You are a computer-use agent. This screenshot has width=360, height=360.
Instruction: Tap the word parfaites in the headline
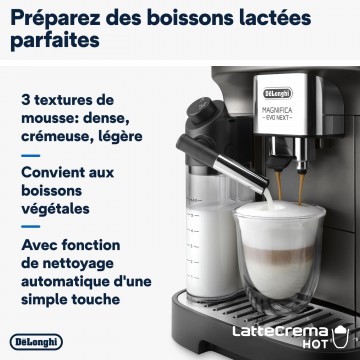click(55, 40)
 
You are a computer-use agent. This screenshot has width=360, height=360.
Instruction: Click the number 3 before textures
click(25, 100)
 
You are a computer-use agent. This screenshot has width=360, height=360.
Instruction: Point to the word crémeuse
click(56, 136)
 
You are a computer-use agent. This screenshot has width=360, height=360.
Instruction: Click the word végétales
click(55, 209)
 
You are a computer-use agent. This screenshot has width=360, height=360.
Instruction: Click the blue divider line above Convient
click(31, 155)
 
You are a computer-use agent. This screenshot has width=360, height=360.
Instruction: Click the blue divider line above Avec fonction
click(31, 226)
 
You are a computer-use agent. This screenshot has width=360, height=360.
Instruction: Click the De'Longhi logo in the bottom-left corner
click(36, 342)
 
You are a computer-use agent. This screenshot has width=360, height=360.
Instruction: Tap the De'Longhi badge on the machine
click(278, 93)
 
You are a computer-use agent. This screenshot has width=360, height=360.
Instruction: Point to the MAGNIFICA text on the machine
click(277, 110)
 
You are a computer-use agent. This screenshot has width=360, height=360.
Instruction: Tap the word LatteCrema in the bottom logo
click(280, 331)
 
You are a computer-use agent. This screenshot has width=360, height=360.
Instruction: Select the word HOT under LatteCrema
click(315, 344)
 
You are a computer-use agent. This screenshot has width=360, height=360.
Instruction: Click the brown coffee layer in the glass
click(278, 253)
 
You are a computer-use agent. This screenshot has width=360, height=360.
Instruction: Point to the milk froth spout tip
click(264, 187)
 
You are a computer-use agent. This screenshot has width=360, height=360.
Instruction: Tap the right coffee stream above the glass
click(301, 189)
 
